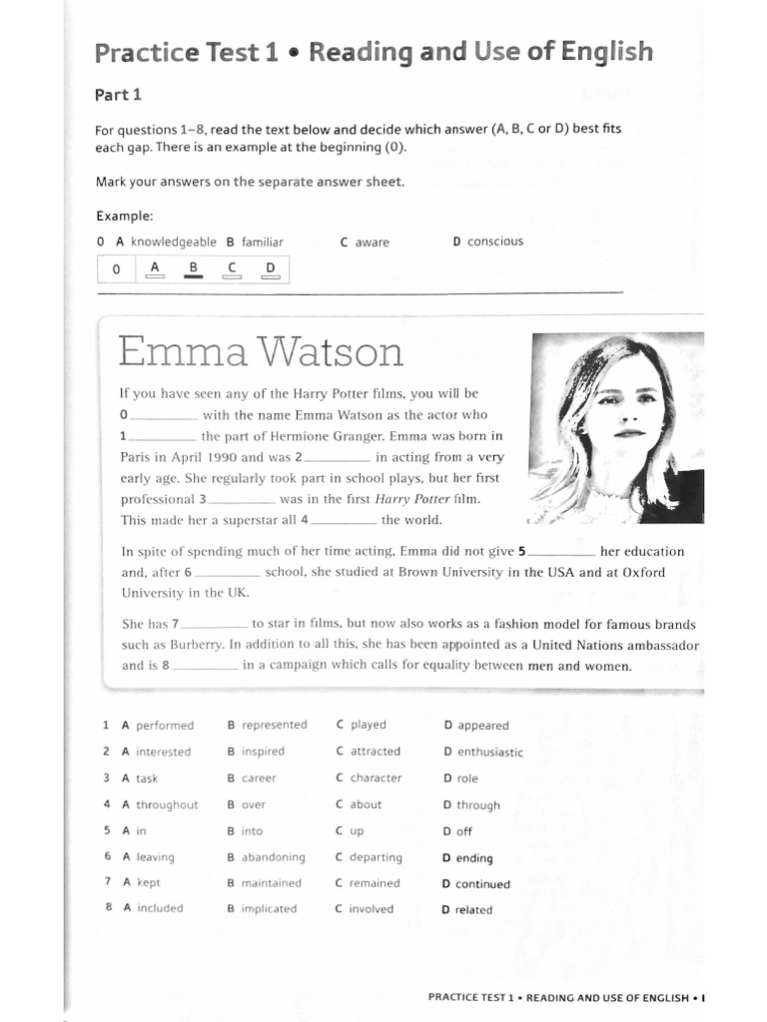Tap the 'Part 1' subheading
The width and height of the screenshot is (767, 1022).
point(118,95)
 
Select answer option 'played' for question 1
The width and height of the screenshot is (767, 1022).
point(368,725)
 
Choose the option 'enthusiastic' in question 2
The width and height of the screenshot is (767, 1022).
point(489,752)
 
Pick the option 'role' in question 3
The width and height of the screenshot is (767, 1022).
point(467,778)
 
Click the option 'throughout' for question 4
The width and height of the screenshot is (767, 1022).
point(167,804)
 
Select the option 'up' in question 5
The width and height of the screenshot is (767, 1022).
point(357,830)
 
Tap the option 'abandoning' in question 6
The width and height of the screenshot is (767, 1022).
point(273,856)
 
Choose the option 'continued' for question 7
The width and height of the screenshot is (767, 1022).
point(482,883)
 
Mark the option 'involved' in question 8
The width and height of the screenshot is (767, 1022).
point(371,909)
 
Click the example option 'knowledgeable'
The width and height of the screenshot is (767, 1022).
point(173,242)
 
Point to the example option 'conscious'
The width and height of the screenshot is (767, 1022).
point(494,242)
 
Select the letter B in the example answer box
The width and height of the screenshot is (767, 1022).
point(194,267)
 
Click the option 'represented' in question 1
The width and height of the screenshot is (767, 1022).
point(274,725)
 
